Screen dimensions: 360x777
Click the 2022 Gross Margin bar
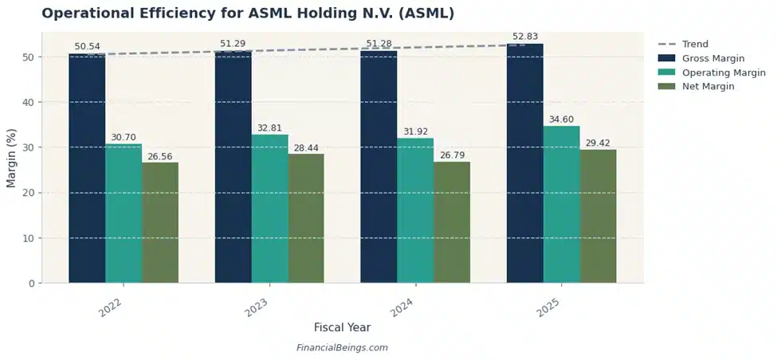[87, 168]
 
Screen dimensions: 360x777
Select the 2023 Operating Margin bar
[269, 209]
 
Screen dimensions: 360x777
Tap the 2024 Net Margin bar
[452, 222]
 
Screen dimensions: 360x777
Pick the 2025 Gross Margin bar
[524, 163]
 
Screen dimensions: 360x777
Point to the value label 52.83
[526, 36]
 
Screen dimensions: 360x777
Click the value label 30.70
[124, 137]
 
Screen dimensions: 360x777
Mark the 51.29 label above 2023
[233, 43]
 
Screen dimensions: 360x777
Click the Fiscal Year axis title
[342, 327]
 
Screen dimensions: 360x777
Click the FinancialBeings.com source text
[342, 348]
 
